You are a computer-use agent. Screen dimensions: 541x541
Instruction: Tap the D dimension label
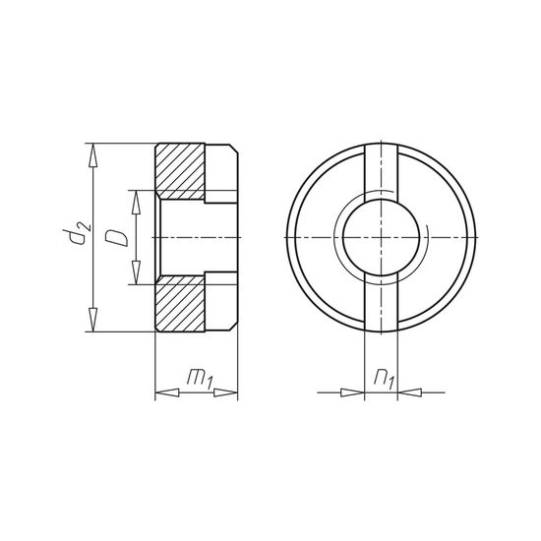pyautogui.click(x=115, y=238)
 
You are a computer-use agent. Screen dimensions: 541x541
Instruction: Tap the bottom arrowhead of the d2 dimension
pyautogui.click(x=93, y=323)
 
